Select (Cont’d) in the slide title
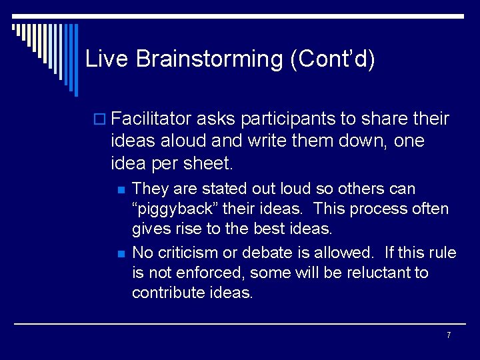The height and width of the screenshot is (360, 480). coord(333,59)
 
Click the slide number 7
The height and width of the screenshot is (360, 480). coord(449,335)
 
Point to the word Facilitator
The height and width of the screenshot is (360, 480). coord(151,119)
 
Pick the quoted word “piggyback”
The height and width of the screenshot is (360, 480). coord(175,209)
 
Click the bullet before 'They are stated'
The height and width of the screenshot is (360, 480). coord(121,190)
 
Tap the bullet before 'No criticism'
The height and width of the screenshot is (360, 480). coord(121,254)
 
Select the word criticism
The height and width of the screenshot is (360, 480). coord(190,253)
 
